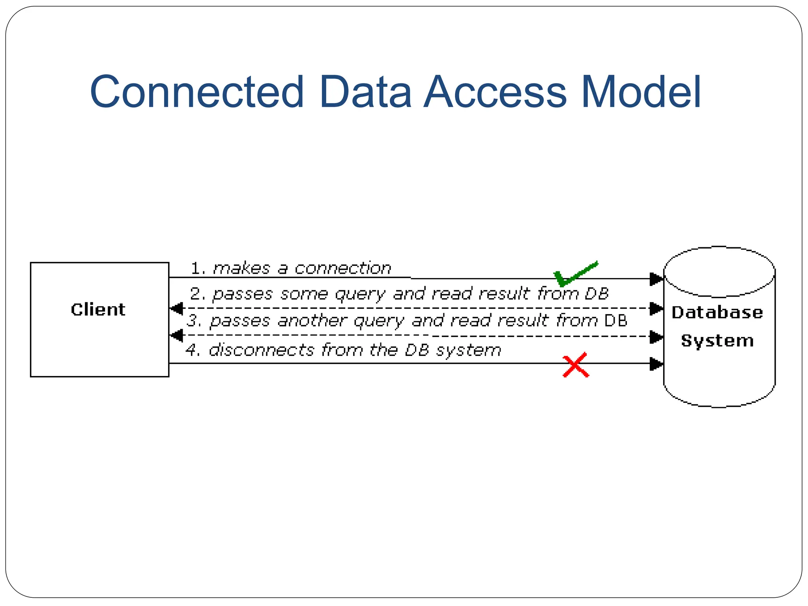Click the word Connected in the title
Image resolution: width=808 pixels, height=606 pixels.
pos(196,92)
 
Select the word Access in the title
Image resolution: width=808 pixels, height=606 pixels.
pos(495,92)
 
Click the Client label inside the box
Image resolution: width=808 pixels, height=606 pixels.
pos(98,310)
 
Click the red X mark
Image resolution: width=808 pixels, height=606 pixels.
pos(576,365)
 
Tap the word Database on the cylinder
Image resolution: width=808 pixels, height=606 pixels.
pos(717,312)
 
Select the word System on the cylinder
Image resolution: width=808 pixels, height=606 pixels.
pos(717,341)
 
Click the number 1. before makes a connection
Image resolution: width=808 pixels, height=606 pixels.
pos(198,269)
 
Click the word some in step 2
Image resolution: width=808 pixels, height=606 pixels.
pos(304,294)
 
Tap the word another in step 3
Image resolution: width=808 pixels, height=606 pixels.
pos(312,321)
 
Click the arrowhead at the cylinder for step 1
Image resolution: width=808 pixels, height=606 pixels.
pos(656,279)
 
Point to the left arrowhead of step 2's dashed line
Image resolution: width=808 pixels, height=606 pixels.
pos(176,308)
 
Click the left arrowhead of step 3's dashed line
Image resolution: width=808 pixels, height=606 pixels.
pos(176,336)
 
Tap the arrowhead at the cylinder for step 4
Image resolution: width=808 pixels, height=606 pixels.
pos(656,364)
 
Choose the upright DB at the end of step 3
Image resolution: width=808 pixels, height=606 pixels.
pos(615,321)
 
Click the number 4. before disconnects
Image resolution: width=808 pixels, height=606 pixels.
pos(193,350)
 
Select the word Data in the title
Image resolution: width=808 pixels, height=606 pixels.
pos(365,92)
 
